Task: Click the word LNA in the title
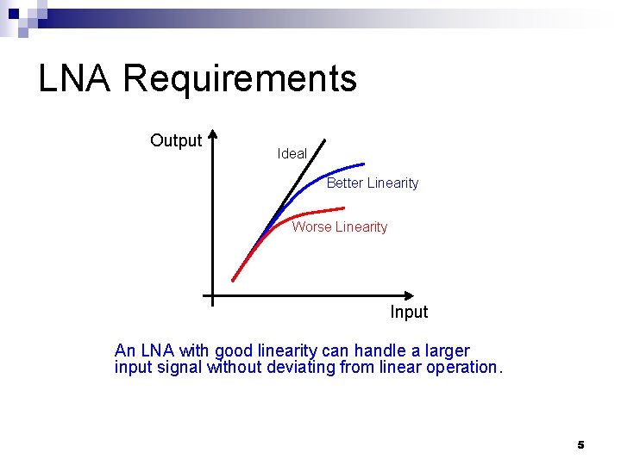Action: point(74,79)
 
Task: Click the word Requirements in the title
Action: point(240,79)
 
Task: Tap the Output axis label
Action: point(176,140)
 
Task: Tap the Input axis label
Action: point(409,312)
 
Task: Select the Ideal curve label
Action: point(292,153)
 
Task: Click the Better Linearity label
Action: point(373,183)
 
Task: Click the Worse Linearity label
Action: point(340,227)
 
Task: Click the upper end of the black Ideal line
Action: point(324,140)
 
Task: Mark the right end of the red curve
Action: point(343,208)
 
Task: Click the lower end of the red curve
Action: point(233,279)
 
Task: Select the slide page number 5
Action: point(580,445)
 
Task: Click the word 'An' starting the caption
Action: point(125,351)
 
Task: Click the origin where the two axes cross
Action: point(212,295)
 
